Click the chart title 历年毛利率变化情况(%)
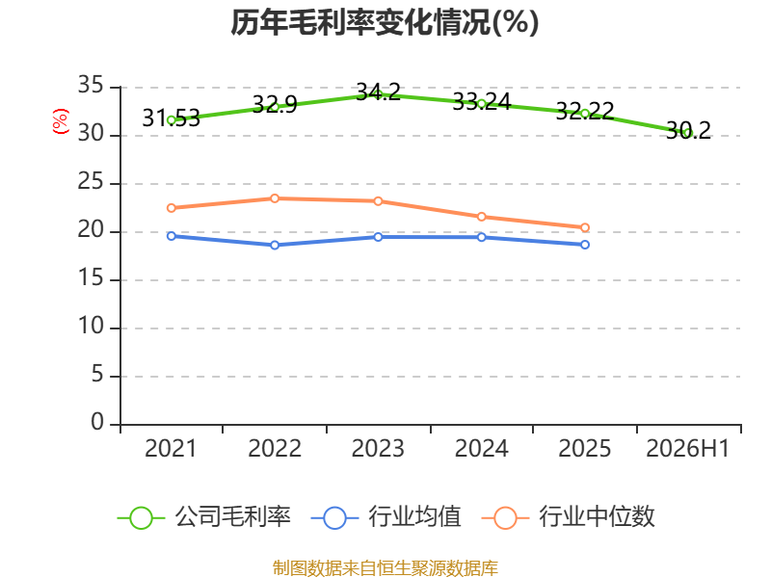click(x=385, y=22)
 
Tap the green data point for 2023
click(x=378, y=94)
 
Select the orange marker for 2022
click(x=275, y=198)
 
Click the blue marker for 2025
click(x=585, y=245)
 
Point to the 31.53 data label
click(x=172, y=118)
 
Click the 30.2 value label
click(x=688, y=131)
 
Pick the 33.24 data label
click(x=482, y=102)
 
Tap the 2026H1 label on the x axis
click(x=687, y=448)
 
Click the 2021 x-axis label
click(x=171, y=448)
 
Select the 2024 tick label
click(x=481, y=448)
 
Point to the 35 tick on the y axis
click(x=91, y=86)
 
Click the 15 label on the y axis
click(x=91, y=278)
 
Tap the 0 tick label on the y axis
click(x=97, y=422)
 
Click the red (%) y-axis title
click(x=61, y=121)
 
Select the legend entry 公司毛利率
click(x=204, y=517)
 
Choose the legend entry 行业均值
click(x=386, y=517)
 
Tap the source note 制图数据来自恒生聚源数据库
click(x=385, y=568)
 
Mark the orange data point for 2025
click(x=585, y=227)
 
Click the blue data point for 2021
click(x=172, y=236)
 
